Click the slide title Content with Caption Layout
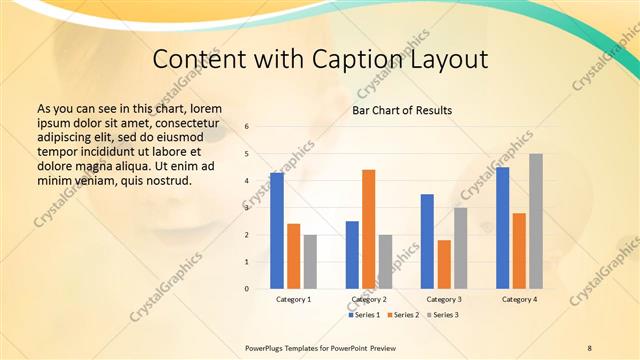click(320, 60)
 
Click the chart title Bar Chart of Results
click(401, 110)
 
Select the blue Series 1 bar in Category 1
click(277, 231)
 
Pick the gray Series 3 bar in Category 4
click(536, 221)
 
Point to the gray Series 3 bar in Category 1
click(310, 261)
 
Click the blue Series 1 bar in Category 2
click(352, 254)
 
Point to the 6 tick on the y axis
click(247, 127)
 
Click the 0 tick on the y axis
click(247, 289)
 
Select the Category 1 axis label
click(293, 299)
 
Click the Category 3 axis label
click(444, 299)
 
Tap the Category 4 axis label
click(519, 299)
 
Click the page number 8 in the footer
click(589, 347)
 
